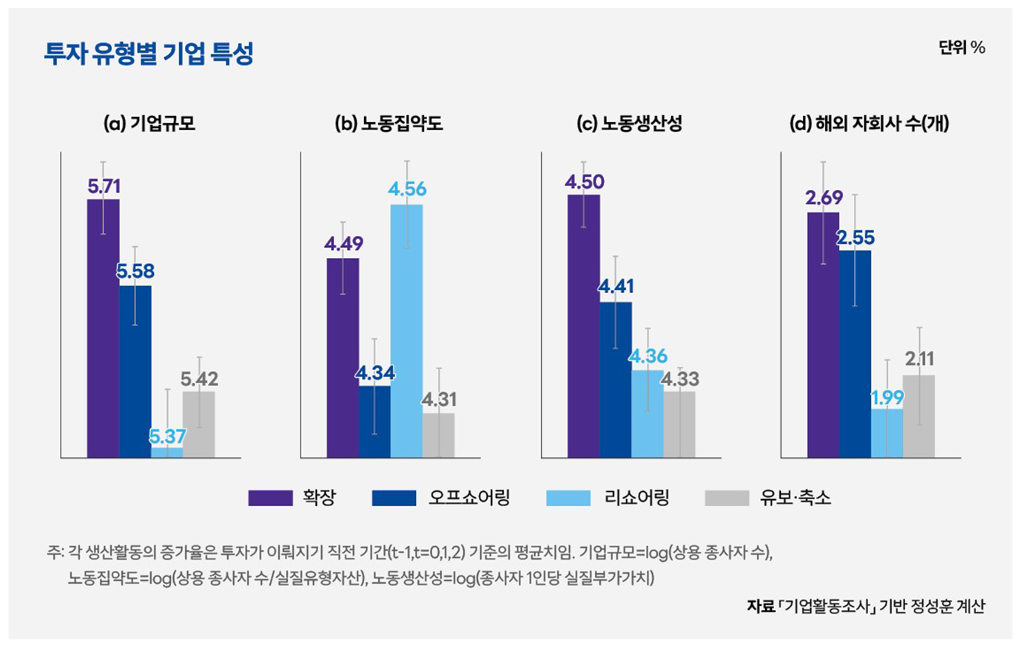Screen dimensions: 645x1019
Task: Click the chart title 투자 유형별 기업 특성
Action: pyautogui.click(x=149, y=53)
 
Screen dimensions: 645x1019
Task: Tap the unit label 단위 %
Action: pyautogui.click(x=961, y=48)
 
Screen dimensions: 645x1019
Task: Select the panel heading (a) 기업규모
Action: pyautogui.click(x=149, y=124)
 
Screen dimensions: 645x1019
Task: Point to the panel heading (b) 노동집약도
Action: pyautogui.click(x=389, y=124)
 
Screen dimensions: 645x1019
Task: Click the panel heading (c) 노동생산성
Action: pyautogui.click(x=629, y=124)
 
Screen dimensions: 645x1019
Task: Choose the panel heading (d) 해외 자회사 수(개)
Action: pyautogui.click(x=870, y=124)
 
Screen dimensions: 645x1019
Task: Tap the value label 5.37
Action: pyautogui.click(x=167, y=436)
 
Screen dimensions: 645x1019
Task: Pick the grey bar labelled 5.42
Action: pyautogui.click(x=199, y=425)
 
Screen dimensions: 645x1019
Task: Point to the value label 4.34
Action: pyautogui.click(x=374, y=374)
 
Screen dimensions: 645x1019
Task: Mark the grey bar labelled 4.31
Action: pyautogui.click(x=439, y=436)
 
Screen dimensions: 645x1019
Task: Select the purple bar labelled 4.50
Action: pyautogui.click(x=584, y=326)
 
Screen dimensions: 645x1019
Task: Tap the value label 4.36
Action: pyautogui.click(x=648, y=357)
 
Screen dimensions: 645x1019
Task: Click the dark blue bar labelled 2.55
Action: pyautogui.click(x=855, y=354)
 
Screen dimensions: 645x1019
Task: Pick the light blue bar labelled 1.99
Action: pyautogui.click(x=887, y=433)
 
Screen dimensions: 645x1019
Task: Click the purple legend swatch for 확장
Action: pyautogui.click(x=270, y=498)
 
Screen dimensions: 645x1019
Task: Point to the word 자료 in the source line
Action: pyautogui.click(x=761, y=607)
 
